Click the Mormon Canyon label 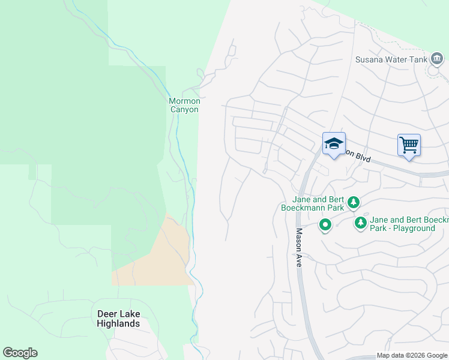[x=184, y=105]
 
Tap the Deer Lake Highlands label [x=118, y=319]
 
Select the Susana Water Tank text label [x=391, y=59]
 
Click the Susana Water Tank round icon [x=437, y=59]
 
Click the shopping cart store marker [x=409, y=145]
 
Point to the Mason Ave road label [x=298, y=247]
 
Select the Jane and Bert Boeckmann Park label [x=318, y=203]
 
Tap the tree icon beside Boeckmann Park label [x=354, y=202]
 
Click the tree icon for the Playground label [x=361, y=223]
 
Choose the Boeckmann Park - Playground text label [x=409, y=224]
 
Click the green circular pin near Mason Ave [x=325, y=225]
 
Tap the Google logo [x=20, y=353]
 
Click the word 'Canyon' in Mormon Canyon [x=184, y=109]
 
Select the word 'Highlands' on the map [x=118, y=323]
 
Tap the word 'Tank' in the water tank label [x=418, y=59]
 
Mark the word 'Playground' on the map [x=411, y=228]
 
